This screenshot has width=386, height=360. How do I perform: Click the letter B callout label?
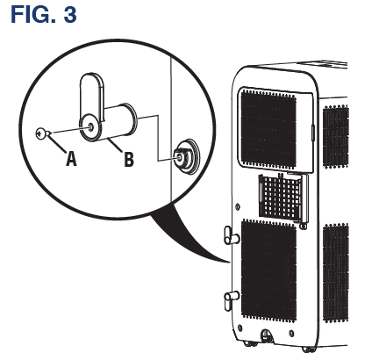[x=128, y=160]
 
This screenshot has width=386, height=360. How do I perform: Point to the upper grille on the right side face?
[x=336, y=137]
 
